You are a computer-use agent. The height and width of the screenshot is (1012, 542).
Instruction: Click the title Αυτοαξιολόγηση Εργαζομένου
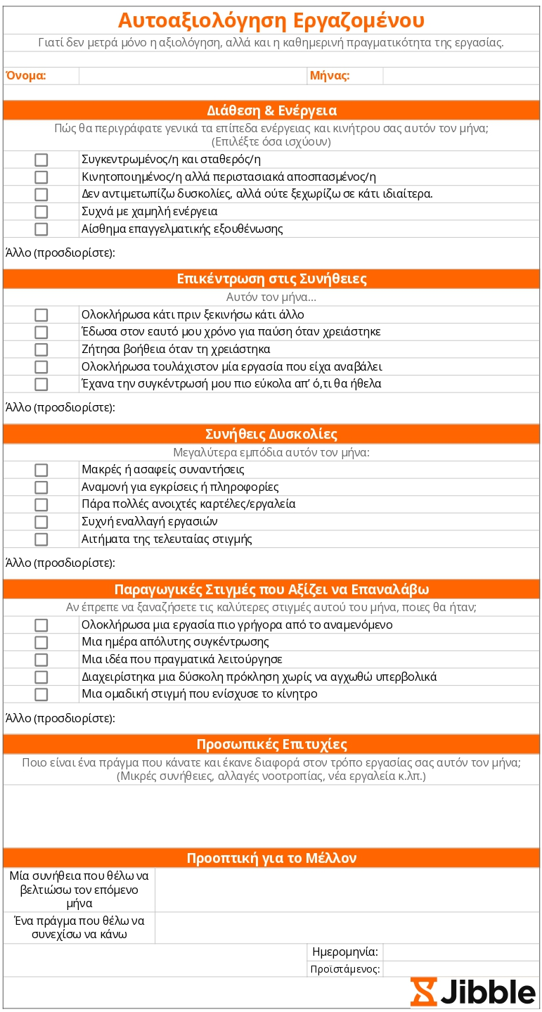click(271, 20)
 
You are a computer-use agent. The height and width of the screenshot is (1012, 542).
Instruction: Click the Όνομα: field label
click(26, 76)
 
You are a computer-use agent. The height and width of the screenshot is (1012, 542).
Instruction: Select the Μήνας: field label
click(329, 76)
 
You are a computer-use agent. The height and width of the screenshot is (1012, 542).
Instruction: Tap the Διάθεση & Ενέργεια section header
click(271, 110)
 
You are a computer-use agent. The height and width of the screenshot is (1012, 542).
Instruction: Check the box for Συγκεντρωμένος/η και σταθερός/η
click(41, 160)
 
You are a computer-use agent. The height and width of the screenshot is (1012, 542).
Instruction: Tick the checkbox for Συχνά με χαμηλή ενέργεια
click(41, 212)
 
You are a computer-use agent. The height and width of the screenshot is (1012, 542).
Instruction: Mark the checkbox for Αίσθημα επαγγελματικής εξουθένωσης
click(41, 229)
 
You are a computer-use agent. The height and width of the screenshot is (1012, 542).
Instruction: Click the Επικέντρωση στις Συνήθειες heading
click(271, 278)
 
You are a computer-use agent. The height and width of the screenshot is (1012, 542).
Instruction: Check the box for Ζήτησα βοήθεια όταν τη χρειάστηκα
click(41, 350)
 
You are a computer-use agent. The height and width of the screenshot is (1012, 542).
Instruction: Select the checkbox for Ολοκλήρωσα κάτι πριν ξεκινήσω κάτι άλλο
click(41, 315)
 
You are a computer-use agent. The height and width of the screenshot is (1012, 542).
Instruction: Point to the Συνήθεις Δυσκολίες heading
click(271, 433)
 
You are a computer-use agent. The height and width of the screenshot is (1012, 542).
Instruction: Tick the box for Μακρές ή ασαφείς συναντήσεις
click(41, 470)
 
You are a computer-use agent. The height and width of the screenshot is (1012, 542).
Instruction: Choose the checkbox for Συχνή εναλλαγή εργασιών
click(41, 522)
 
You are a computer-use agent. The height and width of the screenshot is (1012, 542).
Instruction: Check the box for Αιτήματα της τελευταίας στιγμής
click(41, 539)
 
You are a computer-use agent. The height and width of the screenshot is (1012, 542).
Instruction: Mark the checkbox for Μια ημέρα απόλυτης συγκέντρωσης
click(41, 642)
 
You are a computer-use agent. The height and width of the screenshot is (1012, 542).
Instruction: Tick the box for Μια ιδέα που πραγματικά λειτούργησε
click(41, 660)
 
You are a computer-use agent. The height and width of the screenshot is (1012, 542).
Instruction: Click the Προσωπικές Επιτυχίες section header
click(271, 744)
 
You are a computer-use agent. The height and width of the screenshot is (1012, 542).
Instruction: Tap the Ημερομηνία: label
click(345, 952)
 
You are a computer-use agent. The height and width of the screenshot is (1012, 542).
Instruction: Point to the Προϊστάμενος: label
click(345, 969)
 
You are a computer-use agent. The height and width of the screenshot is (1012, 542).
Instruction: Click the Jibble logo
click(473, 992)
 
